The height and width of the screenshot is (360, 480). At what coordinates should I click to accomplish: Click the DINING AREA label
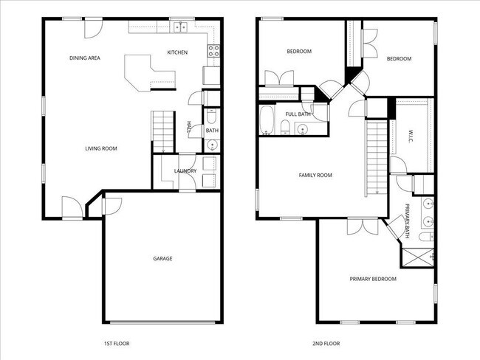coord(85,58)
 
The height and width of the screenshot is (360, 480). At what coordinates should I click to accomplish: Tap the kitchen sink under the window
coord(179,28)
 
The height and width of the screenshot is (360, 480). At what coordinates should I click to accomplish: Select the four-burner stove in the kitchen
coord(212,52)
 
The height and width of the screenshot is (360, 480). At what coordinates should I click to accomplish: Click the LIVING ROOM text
coord(101,148)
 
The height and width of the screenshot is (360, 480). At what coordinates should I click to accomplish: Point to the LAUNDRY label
coord(185,171)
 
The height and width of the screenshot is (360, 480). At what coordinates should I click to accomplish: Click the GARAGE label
coord(162,258)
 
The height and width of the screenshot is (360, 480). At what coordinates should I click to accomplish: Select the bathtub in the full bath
coord(267,120)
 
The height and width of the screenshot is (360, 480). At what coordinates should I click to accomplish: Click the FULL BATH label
coord(298,114)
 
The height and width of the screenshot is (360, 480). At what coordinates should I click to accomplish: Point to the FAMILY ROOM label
coord(315,175)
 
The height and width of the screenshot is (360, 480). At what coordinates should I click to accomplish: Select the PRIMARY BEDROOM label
coord(373,279)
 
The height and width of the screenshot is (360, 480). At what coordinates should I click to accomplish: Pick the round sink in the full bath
coord(301,129)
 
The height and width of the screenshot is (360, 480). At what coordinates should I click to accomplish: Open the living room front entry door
coord(72,207)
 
